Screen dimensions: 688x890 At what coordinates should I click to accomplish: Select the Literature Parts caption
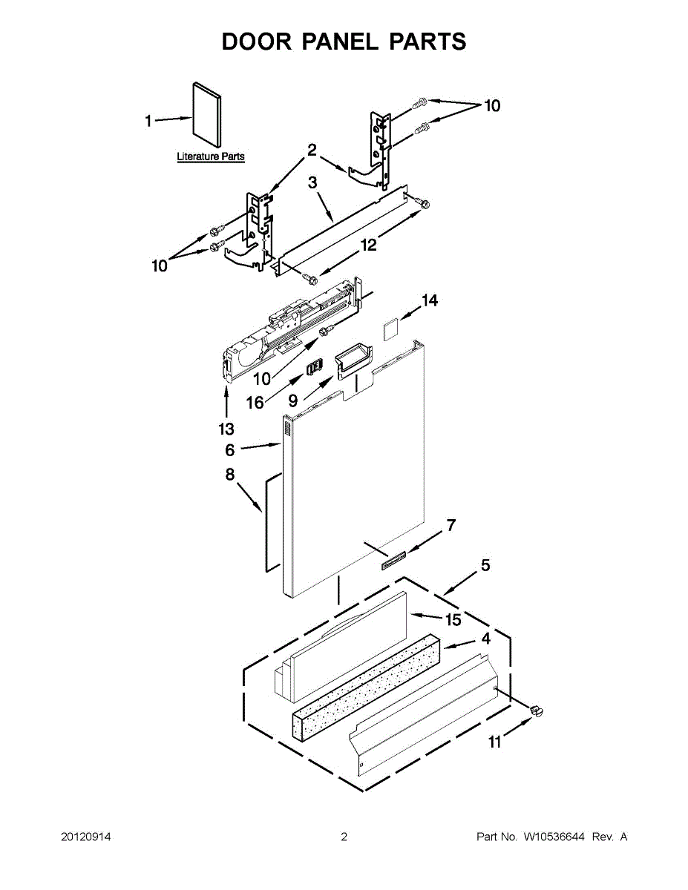pyautogui.click(x=211, y=157)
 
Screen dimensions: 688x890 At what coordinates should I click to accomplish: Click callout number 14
pyautogui.click(x=430, y=300)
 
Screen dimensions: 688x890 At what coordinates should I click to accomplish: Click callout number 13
pyautogui.click(x=226, y=429)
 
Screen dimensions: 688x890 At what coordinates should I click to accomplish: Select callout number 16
pyautogui.click(x=255, y=402)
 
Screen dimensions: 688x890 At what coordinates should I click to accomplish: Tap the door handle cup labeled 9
pyautogui.click(x=353, y=361)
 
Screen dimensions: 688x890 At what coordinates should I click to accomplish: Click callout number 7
pyautogui.click(x=450, y=526)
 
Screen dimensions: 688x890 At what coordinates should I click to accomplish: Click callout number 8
pyautogui.click(x=230, y=475)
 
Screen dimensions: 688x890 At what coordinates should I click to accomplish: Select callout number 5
pyautogui.click(x=485, y=565)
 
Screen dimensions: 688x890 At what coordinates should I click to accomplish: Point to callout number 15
pyautogui.click(x=453, y=620)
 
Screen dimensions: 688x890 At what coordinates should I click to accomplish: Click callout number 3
pyautogui.click(x=312, y=182)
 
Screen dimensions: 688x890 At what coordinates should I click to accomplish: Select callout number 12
pyautogui.click(x=369, y=244)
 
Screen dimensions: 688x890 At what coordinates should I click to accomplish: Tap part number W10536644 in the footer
pyautogui.click(x=554, y=837)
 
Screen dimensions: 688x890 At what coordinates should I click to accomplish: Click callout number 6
pyautogui.click(x=230, y=449)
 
